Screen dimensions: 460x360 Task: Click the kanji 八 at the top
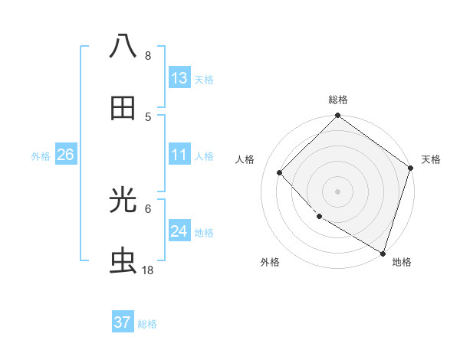(123, 46)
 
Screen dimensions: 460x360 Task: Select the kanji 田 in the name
(123, 108)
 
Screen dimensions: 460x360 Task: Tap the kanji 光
(123, 200)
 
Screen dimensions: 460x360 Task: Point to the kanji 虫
(123, 261)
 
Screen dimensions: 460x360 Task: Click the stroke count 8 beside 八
(148, 56)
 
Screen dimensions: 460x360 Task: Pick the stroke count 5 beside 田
(148, 116)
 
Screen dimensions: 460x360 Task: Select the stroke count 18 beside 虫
(148, 270)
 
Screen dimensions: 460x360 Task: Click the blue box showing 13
(179, 78)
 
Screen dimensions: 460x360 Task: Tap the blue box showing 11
(179, 155)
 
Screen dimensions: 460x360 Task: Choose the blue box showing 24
(179, 231)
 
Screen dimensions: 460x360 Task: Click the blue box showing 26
(65, 155)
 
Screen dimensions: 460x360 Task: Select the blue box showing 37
(123, 322)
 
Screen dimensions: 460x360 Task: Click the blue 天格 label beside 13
(204, 80)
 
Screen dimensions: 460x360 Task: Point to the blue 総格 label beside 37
(147, 324)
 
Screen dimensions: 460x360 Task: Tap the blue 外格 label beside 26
(41, 156)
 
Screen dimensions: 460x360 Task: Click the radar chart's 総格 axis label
(338, 100)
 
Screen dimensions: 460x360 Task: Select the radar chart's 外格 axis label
(270, 262)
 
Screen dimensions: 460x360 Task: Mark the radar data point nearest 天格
(411, 169)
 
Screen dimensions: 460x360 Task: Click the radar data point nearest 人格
(280, 173)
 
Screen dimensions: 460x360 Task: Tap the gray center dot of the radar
(338, 191)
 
